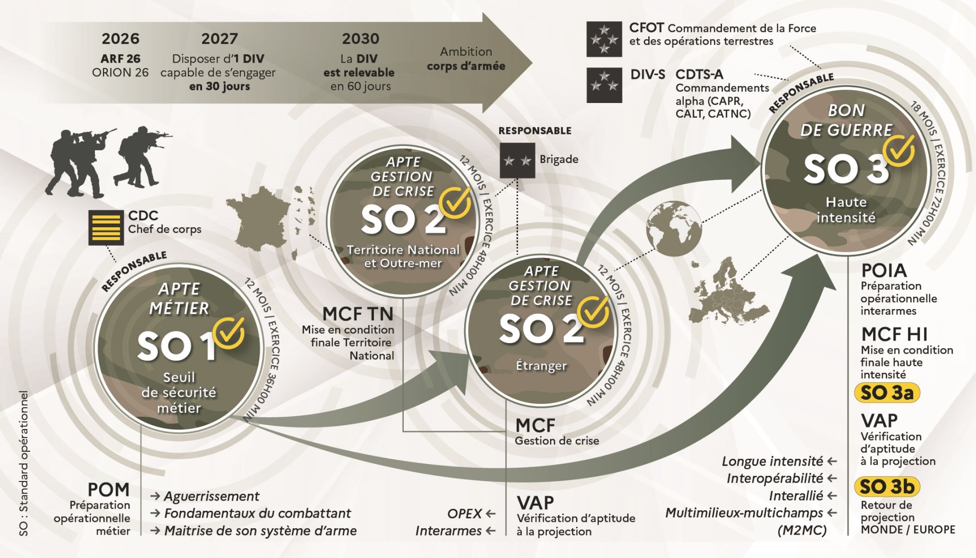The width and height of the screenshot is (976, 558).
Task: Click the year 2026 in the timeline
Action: coord(120,39)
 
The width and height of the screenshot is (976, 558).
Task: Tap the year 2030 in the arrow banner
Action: coord(360,39)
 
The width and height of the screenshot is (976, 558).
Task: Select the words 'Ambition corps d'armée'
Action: coord(466,59)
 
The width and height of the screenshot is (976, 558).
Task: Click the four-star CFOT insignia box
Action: coord(604,39)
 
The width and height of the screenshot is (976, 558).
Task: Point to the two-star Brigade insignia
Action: coord(517,160)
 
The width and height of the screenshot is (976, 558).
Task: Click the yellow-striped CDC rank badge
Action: coord(106,227)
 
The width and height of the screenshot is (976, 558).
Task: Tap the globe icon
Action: coord(674,229)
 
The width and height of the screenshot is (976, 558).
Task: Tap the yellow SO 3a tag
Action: coord(886,393)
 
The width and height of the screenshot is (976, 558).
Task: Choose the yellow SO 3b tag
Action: coord(886,486)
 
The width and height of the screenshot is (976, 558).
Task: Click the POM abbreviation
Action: coord(108,490)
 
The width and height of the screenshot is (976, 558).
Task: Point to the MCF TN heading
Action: coord(358,314)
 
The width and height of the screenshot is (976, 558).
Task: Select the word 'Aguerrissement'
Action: coord(211,496)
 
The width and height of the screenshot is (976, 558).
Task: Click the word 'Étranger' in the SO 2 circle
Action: coord(541,366)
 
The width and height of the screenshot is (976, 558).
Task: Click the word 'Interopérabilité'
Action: coord(774,478)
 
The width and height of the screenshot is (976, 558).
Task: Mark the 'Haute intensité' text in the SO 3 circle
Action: coord(846,210)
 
